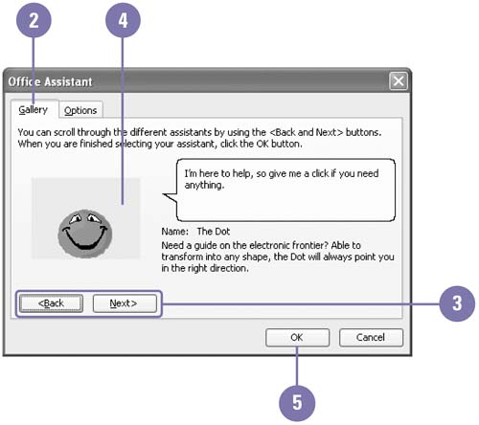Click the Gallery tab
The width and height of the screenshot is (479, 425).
34,109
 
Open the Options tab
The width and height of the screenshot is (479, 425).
80,110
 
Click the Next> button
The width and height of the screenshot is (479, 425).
125,303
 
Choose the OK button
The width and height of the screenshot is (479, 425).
297,338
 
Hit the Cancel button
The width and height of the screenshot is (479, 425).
371,338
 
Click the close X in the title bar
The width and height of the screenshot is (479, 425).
399,81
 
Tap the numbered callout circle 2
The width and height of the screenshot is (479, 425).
34,20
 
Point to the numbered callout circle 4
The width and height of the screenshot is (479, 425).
123,20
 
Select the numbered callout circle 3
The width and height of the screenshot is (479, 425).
457,303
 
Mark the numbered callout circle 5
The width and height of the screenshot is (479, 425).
297,403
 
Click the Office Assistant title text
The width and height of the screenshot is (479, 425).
50,81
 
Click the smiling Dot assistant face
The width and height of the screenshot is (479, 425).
85,234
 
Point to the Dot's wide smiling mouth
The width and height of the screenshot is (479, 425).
85,238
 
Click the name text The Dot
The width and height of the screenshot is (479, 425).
214,232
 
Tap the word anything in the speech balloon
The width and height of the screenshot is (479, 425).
204,186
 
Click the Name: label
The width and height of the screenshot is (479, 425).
175,232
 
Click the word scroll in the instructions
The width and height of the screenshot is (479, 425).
64,132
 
